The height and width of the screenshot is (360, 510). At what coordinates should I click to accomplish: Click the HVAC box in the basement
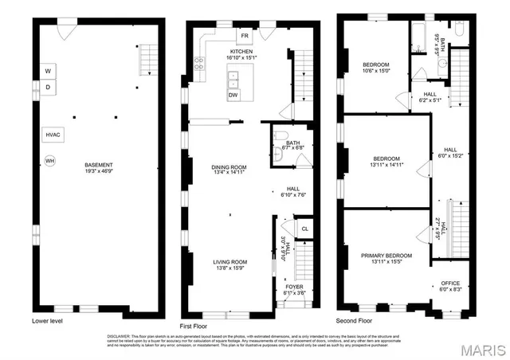pyautogui.click(x=53, y=135)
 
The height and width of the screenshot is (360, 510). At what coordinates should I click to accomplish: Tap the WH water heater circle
pyautogui.click(x=50, y=161)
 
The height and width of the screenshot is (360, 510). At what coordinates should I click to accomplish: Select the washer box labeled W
pyautogui.click(x=49, y=68)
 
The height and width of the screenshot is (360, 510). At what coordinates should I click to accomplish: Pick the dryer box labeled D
pyautogui.click(x=49, y=87)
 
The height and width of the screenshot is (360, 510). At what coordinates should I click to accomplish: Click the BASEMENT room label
pyautogui.click(x=100, y=166)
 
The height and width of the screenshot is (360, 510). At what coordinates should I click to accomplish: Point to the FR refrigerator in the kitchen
pyautogui.click(x=245, y=35)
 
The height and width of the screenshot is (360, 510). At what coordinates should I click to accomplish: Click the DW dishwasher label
pyautogui.click(x=233, y=96)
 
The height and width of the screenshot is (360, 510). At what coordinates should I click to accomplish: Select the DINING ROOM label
pyautogui.click(x=228, y=167)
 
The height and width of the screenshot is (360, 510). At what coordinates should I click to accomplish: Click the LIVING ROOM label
pyautogui.click(x=229, y=262)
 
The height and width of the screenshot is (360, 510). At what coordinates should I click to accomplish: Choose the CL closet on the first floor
pyautogui.click(x=304, y=229)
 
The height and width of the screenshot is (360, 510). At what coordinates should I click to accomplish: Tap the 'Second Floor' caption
pyautogui.click(x=355, y=321)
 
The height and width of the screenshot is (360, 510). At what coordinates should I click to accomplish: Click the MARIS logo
pyautogui.click(x=481, y=348)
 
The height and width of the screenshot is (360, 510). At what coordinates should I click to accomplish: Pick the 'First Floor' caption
pyautogui.click(x=196, y=326)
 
